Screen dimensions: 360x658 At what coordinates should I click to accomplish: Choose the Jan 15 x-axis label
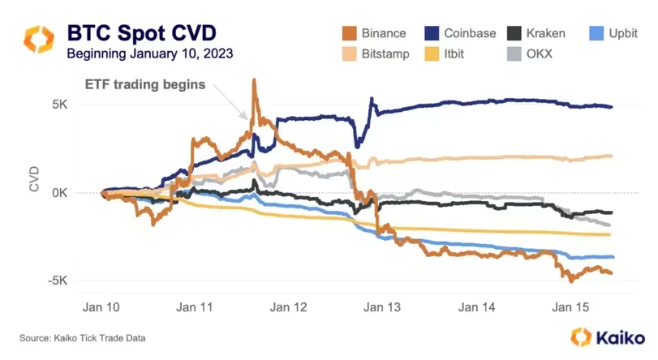point(570,308)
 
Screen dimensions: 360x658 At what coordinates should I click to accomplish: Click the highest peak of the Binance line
point(254,79)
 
